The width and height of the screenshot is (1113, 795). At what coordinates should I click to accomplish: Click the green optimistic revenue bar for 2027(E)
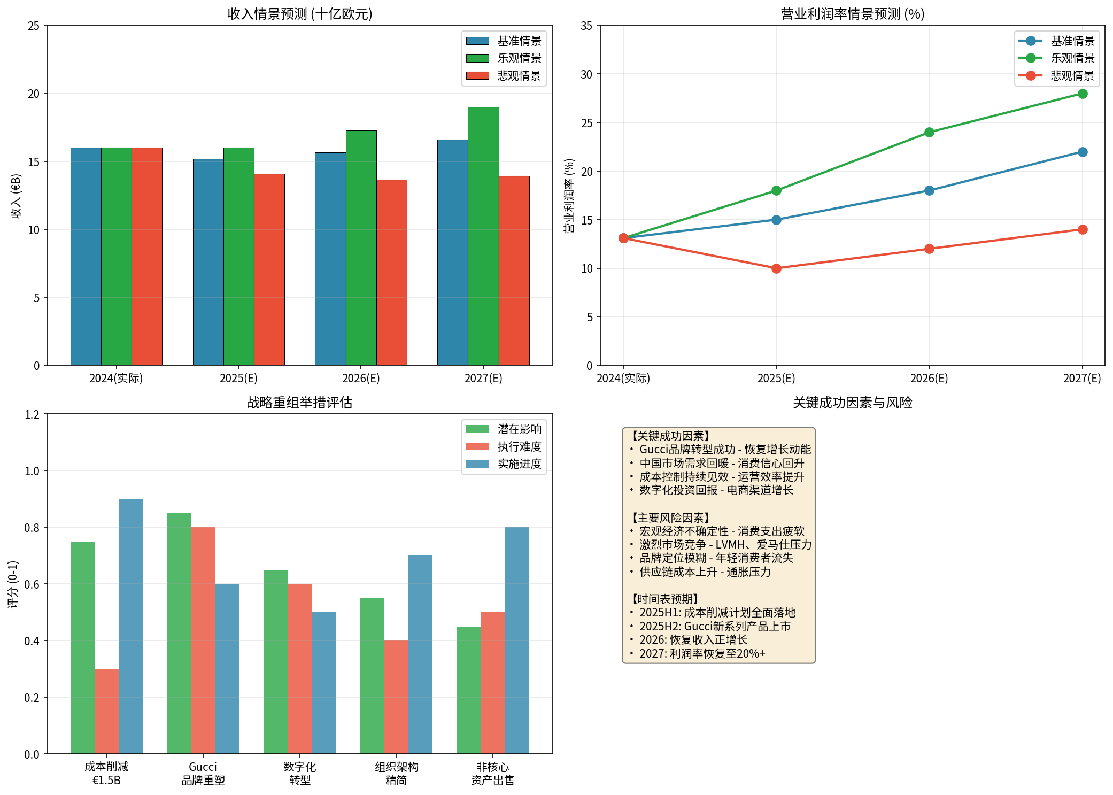(483, 236)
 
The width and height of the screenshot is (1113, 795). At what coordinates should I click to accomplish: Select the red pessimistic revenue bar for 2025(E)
(269, 269)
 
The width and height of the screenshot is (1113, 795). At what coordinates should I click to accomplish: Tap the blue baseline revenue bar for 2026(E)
(330, 259)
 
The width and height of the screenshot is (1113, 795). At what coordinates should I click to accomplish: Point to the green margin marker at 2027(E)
(1083, 94)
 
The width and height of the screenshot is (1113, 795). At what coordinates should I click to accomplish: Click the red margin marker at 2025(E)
(776, 268)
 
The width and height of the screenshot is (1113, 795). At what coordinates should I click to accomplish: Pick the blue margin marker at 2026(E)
(929, 191)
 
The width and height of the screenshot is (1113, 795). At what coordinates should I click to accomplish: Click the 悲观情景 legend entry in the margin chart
(1072, 76)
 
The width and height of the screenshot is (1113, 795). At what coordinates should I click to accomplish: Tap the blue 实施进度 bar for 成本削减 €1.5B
(130, 626)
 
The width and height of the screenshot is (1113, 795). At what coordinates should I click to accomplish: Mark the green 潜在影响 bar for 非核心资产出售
(468, 690)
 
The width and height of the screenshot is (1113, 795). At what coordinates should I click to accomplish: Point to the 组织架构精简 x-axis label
(396, 774)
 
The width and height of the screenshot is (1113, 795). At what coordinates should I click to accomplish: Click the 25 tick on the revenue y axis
(34, 26)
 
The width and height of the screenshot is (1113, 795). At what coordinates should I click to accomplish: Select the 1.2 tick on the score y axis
(32, 414)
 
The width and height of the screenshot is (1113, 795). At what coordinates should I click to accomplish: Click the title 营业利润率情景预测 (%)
(853, 14)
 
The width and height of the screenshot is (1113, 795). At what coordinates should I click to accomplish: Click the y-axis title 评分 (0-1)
(13, 584)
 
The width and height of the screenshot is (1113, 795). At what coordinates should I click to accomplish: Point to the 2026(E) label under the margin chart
(929, 379)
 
